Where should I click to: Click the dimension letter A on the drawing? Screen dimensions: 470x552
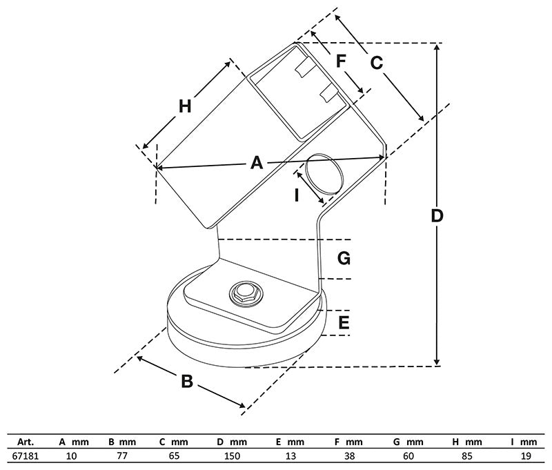click(x=256, y=163)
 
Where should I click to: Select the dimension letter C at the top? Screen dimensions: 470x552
click(x=376, y=63)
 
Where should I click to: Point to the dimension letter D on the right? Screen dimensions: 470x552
click(x=436, y=215)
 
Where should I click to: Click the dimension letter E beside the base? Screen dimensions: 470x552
click(x=344, y=322)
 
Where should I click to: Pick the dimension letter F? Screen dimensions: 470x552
click(x=341, y=61)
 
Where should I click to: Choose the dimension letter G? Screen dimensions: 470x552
click(x=344, y=259)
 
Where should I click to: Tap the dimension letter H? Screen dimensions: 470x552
click(x=185, y=106)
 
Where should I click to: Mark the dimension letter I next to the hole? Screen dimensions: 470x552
click(x=296, y=195)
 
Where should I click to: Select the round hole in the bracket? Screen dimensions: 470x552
click(x=323, y=173)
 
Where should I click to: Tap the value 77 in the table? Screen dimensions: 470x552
click(x=122, y=456)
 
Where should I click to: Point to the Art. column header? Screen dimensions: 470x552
click(x=26, y=442)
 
